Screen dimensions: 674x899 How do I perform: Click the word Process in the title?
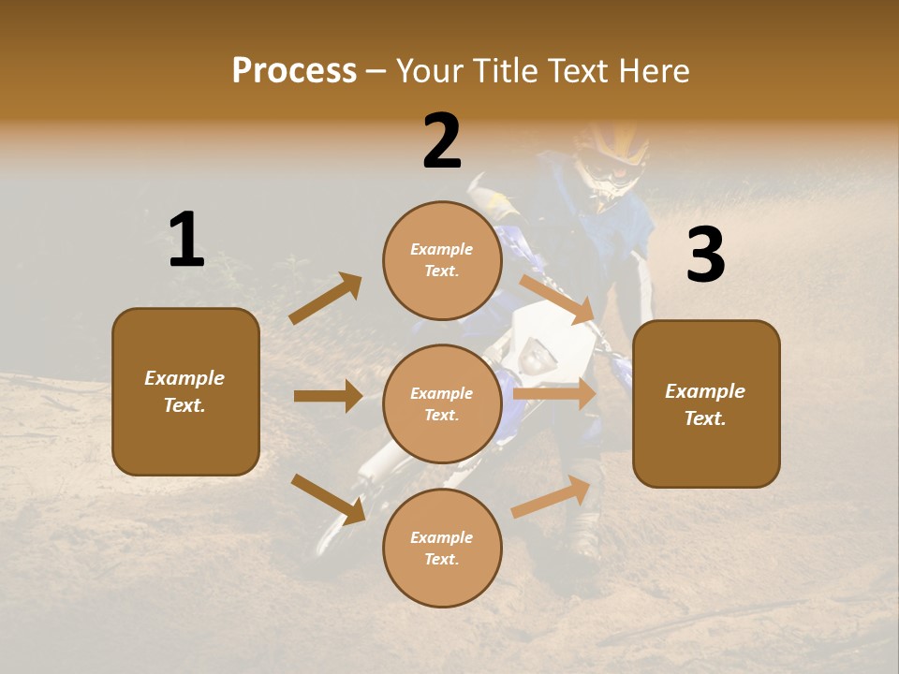(x=294, y=71)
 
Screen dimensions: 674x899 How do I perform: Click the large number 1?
(x=186, y=241)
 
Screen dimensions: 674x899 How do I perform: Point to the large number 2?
(x=442, y=142)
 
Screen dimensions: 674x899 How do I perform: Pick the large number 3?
(x=705, y=256)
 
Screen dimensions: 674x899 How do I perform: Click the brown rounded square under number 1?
(x=185, y=391)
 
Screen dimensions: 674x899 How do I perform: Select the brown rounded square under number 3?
(x=706, y=404)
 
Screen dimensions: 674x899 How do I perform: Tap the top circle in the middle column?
(x=442, y=260)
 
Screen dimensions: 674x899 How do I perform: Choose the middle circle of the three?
(x=442, y=404)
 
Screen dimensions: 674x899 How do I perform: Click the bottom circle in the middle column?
(x=442, y=549)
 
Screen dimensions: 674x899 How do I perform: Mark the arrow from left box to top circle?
(x=326, y=299)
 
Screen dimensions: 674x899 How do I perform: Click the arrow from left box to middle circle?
(x=328, y=396)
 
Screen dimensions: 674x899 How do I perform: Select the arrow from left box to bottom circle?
(x=328, y=499)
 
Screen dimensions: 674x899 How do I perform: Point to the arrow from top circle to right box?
(x=556, y=299)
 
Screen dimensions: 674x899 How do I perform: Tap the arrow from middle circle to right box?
(x=554, y=394)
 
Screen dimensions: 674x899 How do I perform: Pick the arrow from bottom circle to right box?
(x=551, y=497)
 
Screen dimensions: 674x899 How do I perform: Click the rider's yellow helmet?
(x=611, y=154)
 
